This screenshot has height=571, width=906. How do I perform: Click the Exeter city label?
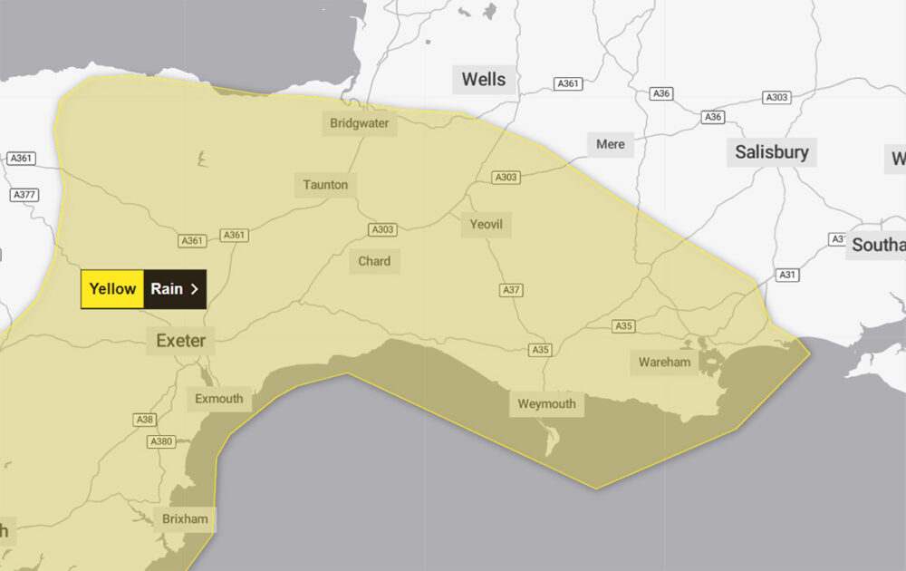coord(181,341)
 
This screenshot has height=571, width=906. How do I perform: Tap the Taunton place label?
coord(325,185)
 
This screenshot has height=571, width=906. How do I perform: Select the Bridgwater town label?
coord(360,123)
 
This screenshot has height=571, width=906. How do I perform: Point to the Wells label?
coord(484,79)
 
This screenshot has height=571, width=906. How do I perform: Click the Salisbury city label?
coord(771,151)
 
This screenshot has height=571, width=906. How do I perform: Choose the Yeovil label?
coord(486,224)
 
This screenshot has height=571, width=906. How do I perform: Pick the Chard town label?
coord(374,261)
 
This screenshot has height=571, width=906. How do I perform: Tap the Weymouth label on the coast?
coord(546,403)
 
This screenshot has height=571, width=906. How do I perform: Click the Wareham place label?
coord(664,363)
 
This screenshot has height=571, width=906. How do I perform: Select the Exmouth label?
coord(219,398)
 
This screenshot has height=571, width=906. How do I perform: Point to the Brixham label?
coord(185,519)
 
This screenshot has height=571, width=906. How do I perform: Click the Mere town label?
coord(611,144)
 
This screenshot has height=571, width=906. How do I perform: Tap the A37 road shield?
coord(512,290)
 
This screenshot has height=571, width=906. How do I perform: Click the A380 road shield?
coord(160,441)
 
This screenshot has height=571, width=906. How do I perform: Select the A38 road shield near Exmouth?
coord(144,420)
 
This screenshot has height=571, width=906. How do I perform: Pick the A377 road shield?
coord(24,195)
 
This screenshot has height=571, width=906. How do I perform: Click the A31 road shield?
coord(788,275)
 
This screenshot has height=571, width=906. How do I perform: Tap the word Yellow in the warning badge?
coord(112,289)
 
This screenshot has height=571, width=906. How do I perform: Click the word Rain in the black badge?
coord(167,289)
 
